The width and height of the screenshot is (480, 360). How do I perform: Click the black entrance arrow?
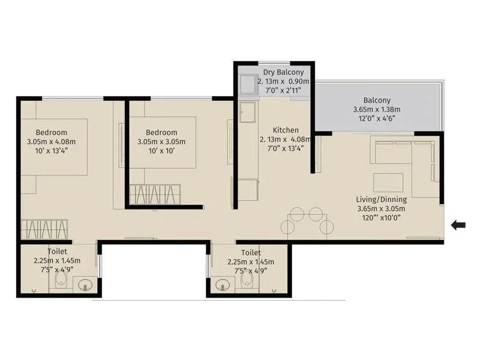coord(458,225)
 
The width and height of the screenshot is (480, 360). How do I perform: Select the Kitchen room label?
coord(286,130)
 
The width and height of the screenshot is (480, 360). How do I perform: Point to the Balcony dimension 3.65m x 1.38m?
coord(376,110)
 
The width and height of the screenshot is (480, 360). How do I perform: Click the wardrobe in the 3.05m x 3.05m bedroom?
coord(155,194)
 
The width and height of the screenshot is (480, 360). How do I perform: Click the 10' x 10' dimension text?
coord(161,151)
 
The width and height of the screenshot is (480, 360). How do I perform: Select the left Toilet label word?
coord(57,251)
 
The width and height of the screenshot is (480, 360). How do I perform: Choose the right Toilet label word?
coord(251,253)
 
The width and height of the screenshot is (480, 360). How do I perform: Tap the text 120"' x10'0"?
coord(379,218)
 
